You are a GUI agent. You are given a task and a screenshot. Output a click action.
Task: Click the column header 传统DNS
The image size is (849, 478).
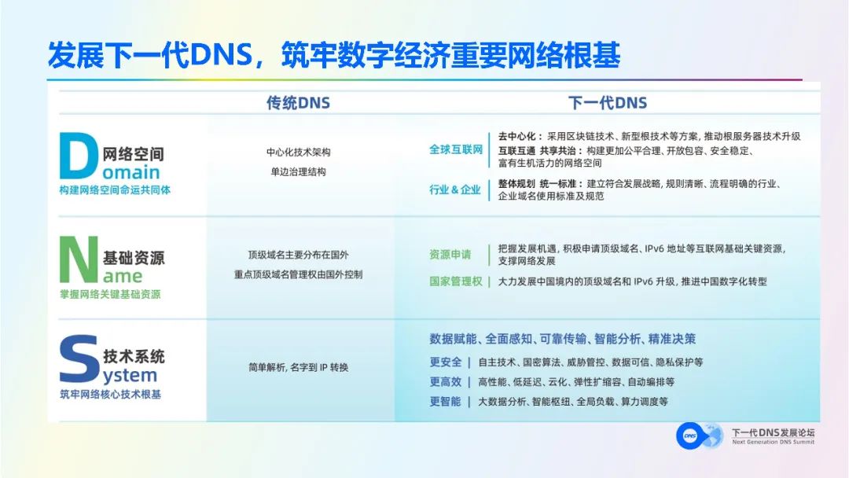click(298, 103)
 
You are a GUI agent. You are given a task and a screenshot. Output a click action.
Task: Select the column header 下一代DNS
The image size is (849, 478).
click(607, 103)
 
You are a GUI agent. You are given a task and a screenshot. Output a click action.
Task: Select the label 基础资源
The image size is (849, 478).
click(134, 257)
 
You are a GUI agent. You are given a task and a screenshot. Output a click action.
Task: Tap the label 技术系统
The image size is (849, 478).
click(134, 356)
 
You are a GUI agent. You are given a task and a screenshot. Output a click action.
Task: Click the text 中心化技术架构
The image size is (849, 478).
click(298, 153)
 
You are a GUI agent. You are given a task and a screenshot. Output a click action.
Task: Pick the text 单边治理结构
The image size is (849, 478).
click(298, 171)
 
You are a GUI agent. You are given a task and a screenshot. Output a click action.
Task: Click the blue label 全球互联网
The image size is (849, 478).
click(455, 149)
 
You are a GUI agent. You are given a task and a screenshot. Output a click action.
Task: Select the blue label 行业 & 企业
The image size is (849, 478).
click(454, 189)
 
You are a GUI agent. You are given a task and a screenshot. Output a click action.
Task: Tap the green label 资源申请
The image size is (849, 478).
click(450, 254)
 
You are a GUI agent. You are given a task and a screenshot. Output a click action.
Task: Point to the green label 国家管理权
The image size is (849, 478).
click(455, 281)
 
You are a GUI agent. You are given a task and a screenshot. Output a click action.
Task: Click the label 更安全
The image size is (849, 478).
click(446, 362)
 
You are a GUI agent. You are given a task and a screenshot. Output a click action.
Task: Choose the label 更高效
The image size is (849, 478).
click(446, 381)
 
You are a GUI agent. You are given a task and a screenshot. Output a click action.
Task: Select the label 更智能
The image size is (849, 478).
click(446, 401)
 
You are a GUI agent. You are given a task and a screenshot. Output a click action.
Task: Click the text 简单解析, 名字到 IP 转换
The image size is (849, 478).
click(298, 367)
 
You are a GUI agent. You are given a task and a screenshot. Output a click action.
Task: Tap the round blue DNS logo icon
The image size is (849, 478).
click(689, 436)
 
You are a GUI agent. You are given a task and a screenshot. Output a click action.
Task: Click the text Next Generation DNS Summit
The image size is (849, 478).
click(773, 442)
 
